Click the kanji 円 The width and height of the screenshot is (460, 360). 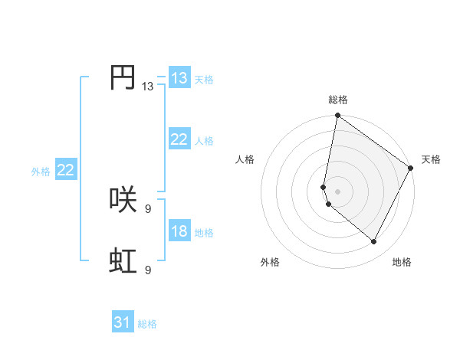(x=123, y=77)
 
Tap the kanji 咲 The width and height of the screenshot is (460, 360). (x=123, y=200)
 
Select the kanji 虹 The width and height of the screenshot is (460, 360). (x=123, y=261)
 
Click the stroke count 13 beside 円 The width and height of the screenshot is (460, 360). (x=147, y=87)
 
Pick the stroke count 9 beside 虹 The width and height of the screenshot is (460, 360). (x=147, y=270)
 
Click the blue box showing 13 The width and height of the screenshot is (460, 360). (x=179, y=77)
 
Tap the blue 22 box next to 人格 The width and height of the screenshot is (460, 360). (x=179, y=139)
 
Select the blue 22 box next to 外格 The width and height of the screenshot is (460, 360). (x=65, y=169)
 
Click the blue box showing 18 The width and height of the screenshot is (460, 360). (x=179, y=231)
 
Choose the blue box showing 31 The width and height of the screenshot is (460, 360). (x=123, y=322)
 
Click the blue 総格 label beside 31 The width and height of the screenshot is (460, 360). (x=147, y=324)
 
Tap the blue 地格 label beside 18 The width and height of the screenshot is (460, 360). (x=204, y=232)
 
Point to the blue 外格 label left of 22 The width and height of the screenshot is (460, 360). (x=41, y=172)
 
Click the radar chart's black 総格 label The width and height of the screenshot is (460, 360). (x=338, y=100)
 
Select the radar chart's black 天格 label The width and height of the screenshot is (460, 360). (x=431, y=159)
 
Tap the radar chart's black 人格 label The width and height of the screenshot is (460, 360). (x=245, y=159)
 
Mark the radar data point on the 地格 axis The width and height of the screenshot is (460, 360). (x=374, y=242)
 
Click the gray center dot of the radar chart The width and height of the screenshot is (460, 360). (x=337, y=191)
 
